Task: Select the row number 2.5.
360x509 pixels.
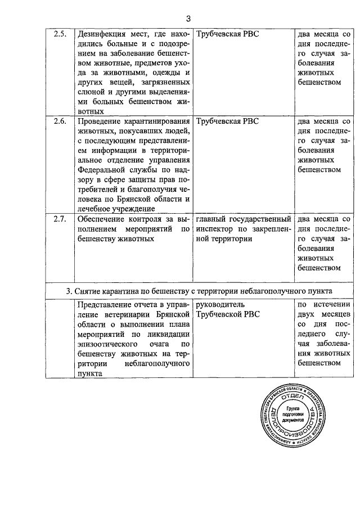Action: pos(60,34)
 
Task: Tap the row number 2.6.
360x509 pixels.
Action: pos(60,121)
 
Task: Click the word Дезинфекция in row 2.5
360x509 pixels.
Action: pos(101,34)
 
